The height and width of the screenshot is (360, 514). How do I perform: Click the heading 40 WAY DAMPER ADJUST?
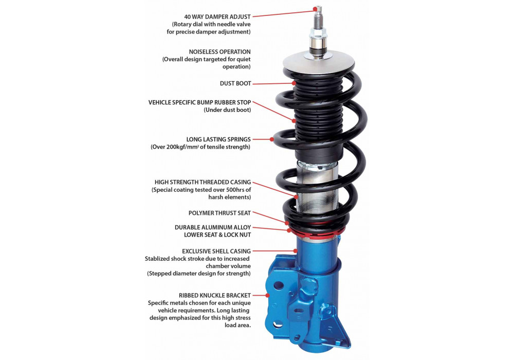coord(217,17)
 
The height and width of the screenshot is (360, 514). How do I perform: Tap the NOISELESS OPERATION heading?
coord(219,52)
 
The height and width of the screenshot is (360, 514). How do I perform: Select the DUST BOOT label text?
coord(235,84)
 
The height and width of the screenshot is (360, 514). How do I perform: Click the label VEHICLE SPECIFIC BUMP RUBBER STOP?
coord(199,102)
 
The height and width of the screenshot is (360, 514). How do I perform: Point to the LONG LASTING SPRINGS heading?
coord(218,139)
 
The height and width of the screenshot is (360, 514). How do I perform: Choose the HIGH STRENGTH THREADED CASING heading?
coord(203,182)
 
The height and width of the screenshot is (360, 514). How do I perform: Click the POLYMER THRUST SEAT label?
coord(219,213)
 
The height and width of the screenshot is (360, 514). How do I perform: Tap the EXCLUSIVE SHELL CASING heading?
coord(216,251)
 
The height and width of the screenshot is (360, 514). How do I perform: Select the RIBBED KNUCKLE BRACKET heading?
coord(215,295)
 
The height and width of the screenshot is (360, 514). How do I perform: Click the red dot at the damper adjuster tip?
coord(315,9)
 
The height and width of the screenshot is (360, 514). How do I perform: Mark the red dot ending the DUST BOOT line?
coord(295,83)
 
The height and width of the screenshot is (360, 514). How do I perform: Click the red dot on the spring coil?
coord(272,139)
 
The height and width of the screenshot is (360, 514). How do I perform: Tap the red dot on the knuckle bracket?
coord(268,295)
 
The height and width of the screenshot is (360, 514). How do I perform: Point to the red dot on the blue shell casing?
coord(296,251)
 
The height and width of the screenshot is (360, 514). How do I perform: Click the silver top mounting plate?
coord(319,63)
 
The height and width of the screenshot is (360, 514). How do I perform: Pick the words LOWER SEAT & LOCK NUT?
coord(217,235)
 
